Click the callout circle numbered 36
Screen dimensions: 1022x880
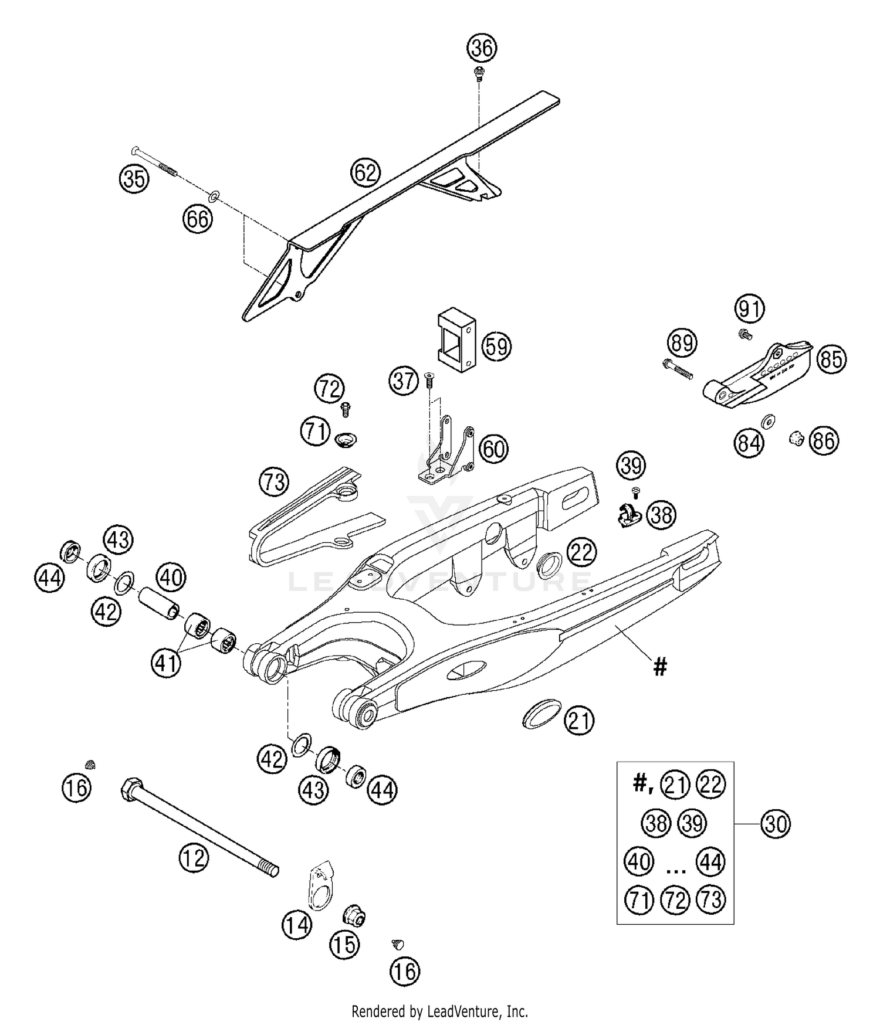(482, 47)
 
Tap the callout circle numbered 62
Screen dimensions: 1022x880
(365, 172)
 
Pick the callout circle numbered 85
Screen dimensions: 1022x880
(831, 358)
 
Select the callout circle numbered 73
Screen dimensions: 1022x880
(274, 482)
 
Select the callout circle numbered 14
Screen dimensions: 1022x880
(297, 925)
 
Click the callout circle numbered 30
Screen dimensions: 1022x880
(775, 824)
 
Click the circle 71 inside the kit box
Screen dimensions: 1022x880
(639, 899)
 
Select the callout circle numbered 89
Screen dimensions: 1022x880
(682, 342)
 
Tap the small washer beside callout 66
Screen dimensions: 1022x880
(215, 195)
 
